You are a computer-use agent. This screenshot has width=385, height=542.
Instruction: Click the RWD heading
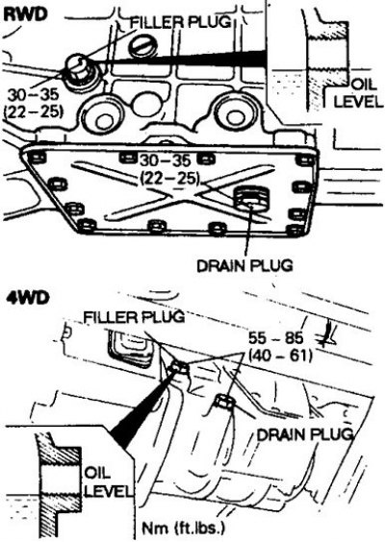[25, 14]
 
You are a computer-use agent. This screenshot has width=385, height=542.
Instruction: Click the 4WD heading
[27, 298]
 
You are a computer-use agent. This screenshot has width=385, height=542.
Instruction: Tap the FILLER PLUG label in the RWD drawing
[180, 22]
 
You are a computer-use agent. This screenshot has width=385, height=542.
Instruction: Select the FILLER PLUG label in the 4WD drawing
[134, 316]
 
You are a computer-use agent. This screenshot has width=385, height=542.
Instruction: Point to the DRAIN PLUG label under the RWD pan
[244, 265]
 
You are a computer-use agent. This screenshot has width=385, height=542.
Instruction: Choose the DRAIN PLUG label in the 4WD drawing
[305, 434]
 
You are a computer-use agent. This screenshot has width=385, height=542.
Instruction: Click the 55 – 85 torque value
[275, 338]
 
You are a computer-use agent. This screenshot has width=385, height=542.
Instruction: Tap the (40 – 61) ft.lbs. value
[280, 356]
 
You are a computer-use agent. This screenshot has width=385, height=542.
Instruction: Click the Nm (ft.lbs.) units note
[184, 528]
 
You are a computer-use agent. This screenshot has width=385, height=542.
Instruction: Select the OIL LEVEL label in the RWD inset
[359, 93]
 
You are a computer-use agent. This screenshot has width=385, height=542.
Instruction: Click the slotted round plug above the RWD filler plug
[144, 46]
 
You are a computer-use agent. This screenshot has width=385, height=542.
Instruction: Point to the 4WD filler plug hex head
[178, 368]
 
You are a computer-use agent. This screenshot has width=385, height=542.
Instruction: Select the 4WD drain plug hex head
[225, 401]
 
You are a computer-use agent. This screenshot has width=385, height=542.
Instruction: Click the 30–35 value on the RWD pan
[166, 160]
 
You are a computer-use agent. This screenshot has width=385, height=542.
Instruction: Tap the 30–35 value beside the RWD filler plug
[34, 94]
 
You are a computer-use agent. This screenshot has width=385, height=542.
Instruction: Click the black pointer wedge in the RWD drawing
[180, 59]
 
